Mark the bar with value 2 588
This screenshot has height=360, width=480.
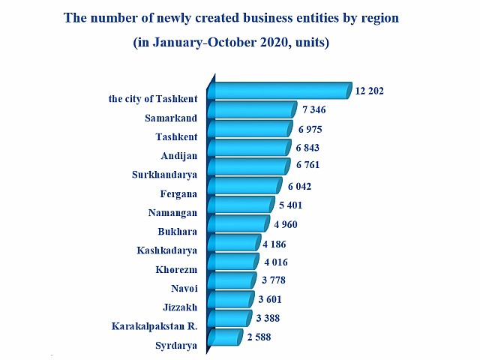pos(228,338)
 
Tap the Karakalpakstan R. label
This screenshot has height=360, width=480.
pos(154,327)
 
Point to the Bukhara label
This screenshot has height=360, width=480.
pos(177,232)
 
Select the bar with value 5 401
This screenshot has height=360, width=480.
pos(243,205)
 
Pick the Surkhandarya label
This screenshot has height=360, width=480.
pos(166,175)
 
